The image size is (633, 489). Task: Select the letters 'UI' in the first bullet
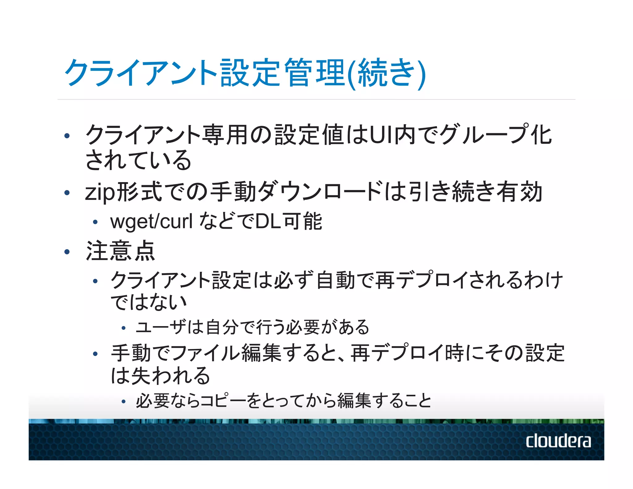pos(381,135)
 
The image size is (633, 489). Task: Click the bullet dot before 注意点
pos(67,252)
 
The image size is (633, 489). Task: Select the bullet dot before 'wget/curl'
pos(95,222)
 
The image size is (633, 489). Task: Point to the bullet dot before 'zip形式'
pos(67,193)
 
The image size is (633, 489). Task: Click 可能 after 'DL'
pos(303,221)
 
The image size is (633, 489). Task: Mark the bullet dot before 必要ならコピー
pos(123,402)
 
